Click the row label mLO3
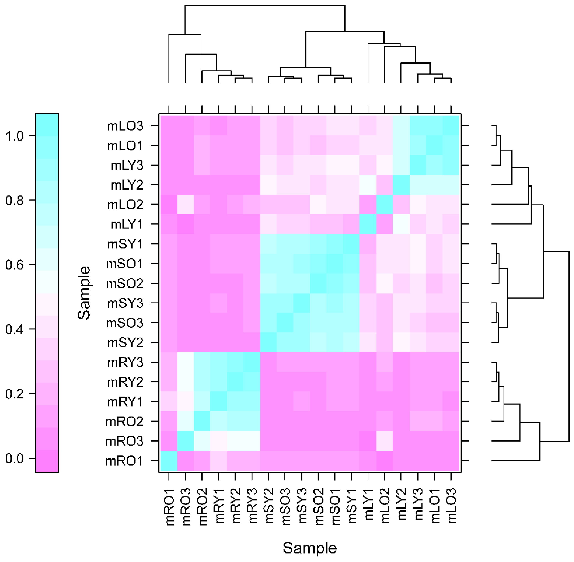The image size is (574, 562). pos(125,126)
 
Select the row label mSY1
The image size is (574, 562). pos(125,244)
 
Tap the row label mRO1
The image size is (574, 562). pos(124,461)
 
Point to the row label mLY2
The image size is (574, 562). pos(127,185)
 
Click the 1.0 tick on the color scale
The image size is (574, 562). pos(15,136)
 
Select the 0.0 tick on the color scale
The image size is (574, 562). pos(15,458)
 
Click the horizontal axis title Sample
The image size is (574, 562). pos(310,548)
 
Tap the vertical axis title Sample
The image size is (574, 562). pos(84,293)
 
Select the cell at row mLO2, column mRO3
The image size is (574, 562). pos(186,205)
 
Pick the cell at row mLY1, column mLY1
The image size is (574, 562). pos(368,224)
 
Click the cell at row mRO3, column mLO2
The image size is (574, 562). pos(385,441)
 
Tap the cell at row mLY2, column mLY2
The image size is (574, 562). pos(401,185)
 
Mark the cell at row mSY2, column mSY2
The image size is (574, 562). pos(268,342)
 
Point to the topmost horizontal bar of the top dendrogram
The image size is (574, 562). pos(265,6)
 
